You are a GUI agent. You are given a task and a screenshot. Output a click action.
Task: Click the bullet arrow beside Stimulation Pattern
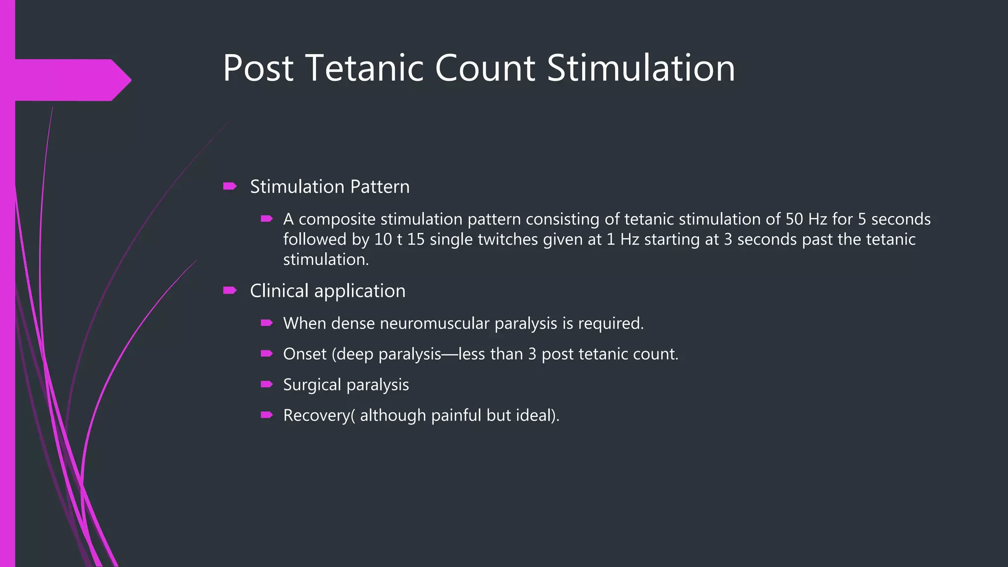tap(230, 186)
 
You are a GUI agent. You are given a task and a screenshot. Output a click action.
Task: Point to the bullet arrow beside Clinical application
tap(230, 290)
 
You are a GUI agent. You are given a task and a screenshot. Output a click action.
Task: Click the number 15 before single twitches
tap(416, 240)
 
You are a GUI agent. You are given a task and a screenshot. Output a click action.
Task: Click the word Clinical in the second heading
tap(279, 291)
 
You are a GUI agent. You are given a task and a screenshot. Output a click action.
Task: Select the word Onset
tap(305, 354)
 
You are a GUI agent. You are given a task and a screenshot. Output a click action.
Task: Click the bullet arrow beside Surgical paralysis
tap(267, 384)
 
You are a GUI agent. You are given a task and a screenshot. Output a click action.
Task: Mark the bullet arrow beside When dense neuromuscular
tap(267, 323)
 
